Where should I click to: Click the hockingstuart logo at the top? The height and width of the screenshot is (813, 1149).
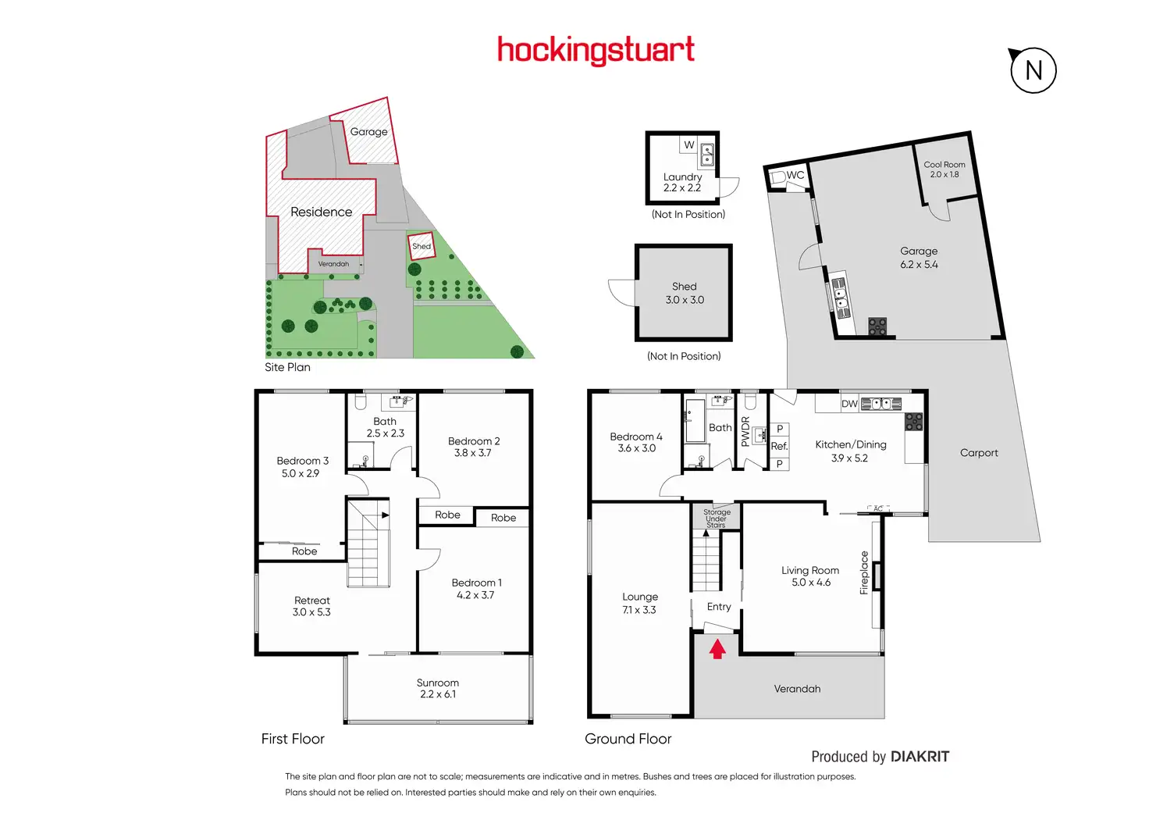point(596,50)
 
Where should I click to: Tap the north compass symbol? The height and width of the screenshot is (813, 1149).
point(1033,70)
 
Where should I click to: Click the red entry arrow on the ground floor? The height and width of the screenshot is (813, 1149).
point(717,648)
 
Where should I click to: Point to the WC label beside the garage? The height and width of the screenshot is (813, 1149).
point(795,175)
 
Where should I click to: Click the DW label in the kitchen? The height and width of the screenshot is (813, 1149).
point(849,404)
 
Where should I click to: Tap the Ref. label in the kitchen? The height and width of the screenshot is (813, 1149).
point(779,446)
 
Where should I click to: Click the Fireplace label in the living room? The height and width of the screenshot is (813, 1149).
point(864,572)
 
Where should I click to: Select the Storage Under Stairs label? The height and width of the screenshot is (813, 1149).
point(717,519)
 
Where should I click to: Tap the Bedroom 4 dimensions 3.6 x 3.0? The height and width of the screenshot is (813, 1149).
point(636,448)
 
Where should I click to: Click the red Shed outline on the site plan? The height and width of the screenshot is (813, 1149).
point(421,246)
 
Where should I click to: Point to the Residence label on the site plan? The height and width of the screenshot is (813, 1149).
point(321,212)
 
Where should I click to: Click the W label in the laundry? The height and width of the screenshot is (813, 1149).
point(689,144)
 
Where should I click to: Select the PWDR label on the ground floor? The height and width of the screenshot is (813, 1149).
point(745,431)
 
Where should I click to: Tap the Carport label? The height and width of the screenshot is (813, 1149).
point(979,453)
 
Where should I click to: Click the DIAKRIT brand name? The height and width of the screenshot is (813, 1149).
point(920,756)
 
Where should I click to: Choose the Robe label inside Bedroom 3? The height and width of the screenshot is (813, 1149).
point(304,551)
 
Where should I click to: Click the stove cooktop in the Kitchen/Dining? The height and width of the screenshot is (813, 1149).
point(914,422)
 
